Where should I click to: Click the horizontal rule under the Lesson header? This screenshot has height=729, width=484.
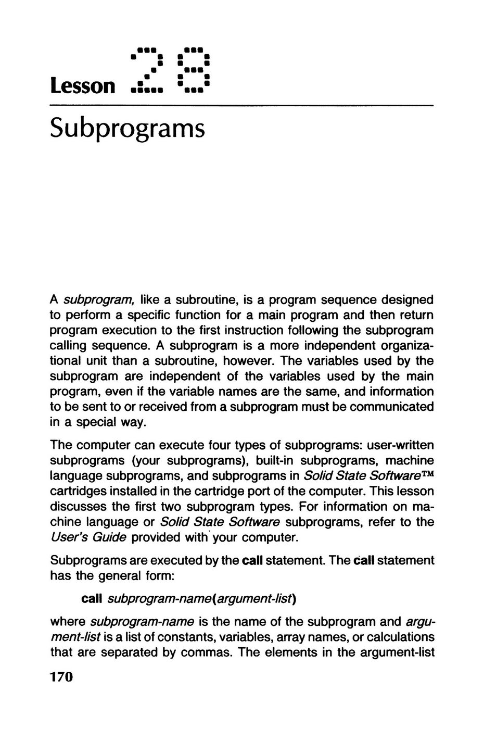pos(241,106)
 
